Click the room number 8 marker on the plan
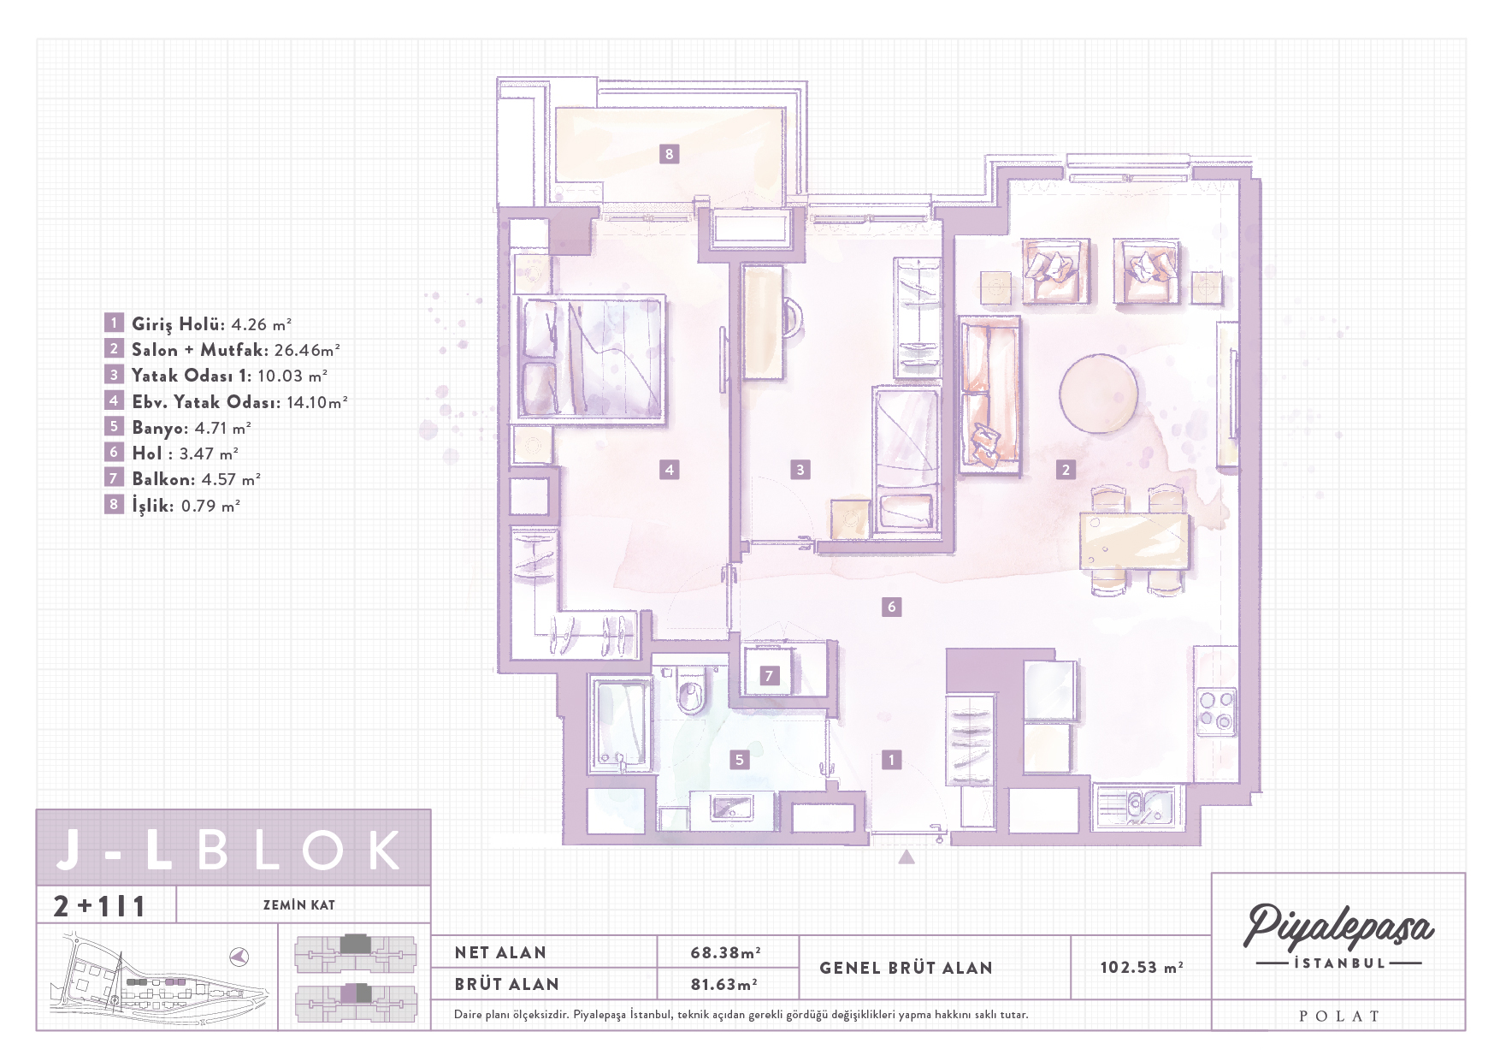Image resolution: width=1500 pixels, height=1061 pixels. (669, 154)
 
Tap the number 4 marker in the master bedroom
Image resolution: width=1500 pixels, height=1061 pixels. (670, 469)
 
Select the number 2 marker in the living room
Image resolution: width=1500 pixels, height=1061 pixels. (1066, 469)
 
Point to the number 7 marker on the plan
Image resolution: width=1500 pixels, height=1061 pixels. (769, 675)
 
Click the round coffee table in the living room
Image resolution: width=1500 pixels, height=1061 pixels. (1098, 393)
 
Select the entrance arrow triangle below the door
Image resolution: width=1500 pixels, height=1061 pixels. (906, 856)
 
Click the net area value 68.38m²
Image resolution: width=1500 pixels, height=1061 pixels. (725, 952)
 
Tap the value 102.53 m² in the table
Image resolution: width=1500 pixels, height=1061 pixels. (1142, 967)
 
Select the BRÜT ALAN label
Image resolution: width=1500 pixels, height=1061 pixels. (506, 984)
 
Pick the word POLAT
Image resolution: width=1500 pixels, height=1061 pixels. (1339, 1017)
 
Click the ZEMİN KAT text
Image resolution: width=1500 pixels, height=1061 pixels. (298, 904)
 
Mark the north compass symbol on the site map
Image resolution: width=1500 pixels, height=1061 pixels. (240, 956)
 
